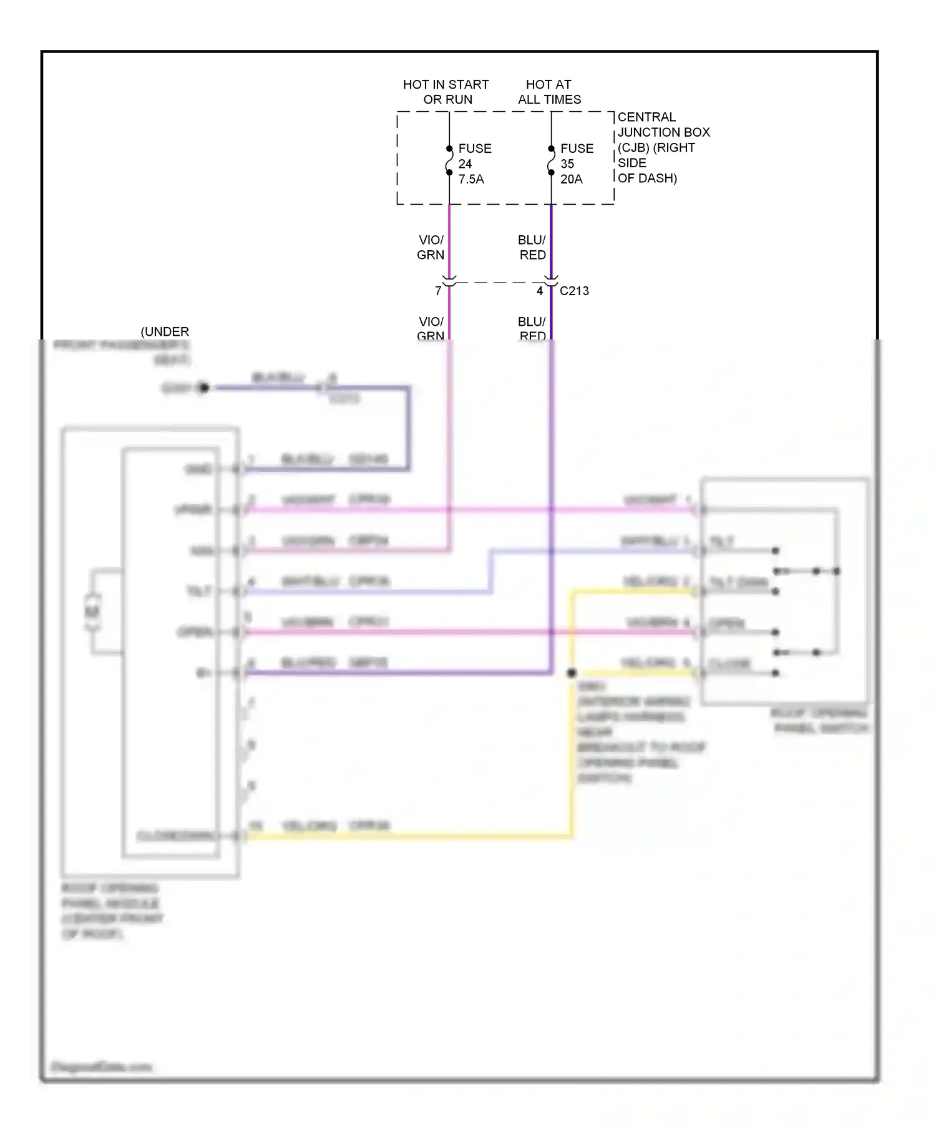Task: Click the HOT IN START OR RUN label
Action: point(446,92)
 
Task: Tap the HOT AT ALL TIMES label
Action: point(549,92)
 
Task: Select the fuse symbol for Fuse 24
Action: point(449,160)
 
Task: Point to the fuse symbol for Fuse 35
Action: point(551,160)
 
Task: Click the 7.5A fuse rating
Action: point(471,179)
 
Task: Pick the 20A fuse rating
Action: point(572,179)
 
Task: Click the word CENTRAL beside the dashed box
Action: point(646,117)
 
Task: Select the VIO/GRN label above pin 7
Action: point(431,248)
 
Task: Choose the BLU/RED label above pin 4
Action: point(532,248)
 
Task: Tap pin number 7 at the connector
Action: point(438,291)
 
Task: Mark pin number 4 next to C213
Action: point(540,291)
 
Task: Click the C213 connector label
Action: point(574,291)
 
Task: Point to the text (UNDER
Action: point(165,332)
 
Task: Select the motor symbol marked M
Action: point(92,612)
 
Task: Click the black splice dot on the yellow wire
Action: point(572,673)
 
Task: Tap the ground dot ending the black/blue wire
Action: point(204,388)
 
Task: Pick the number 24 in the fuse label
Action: point(466,164)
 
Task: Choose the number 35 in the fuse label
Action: point(567,164)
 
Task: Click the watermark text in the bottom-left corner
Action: point(101,1067)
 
